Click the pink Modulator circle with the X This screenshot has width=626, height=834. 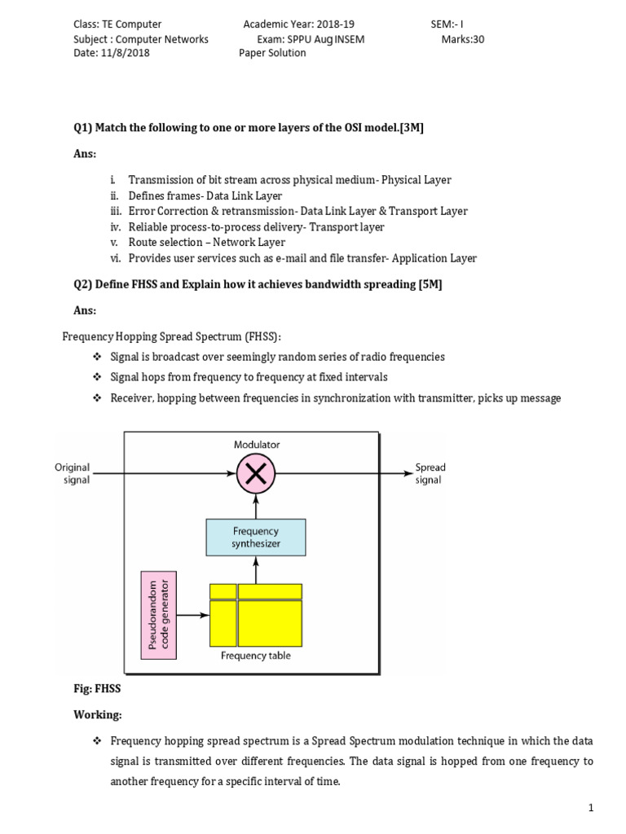coord(256,473)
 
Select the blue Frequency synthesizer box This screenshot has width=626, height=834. coord(256,538)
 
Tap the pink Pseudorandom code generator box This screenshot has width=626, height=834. coord(158,616)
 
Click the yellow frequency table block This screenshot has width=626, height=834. coord(256,614)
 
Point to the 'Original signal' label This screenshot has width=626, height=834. coord(73,473)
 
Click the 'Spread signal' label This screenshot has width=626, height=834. coord(430,473)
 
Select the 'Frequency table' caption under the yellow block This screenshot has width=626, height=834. coord(256,655)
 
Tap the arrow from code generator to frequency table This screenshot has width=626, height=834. coord(194,616)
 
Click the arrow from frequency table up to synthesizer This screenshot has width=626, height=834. coord(256,570)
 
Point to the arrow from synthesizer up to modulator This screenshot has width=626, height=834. coord(256,507)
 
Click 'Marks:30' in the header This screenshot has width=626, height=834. coord(463,38)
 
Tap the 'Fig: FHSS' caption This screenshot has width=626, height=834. coord(97,689)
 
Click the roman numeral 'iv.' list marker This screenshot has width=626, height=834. coord(115,227)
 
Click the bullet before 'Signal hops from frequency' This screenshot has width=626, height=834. coord(95,377)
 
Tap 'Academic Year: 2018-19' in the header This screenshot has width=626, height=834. coord(299,24)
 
